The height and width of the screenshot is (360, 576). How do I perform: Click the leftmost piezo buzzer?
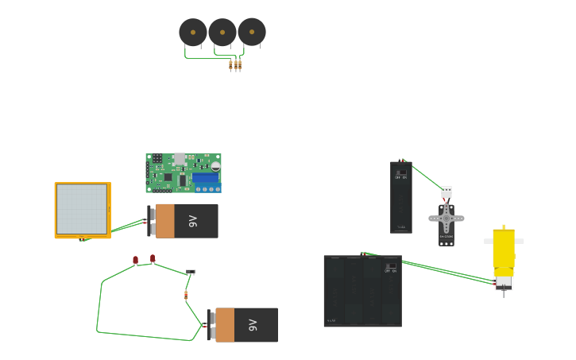point(192,33)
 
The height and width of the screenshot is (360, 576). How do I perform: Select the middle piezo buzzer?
point(222,33)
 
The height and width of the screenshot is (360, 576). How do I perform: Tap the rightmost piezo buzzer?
point(252,32)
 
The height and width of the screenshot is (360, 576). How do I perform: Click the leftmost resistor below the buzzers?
point(230,66)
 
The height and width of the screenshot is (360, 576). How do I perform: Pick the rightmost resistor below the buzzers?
point(240,65)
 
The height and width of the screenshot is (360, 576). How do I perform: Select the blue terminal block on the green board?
point(207,180)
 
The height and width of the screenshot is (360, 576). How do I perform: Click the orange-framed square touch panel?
point(82,210)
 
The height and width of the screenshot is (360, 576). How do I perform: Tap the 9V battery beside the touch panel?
point(185,221)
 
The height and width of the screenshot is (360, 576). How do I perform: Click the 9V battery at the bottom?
point(245,325)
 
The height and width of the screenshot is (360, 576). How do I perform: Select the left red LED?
point(135,260)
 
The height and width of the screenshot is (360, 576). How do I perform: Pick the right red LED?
point(153,258)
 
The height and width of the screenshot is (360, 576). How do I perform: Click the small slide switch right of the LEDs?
point(191,272)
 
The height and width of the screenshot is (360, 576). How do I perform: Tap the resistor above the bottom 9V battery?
point(186,295)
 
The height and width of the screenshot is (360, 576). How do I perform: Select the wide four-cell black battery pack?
point(362,292)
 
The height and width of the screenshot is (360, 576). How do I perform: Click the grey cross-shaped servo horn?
point(446,218)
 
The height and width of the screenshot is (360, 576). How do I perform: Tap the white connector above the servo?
point(446,191)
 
